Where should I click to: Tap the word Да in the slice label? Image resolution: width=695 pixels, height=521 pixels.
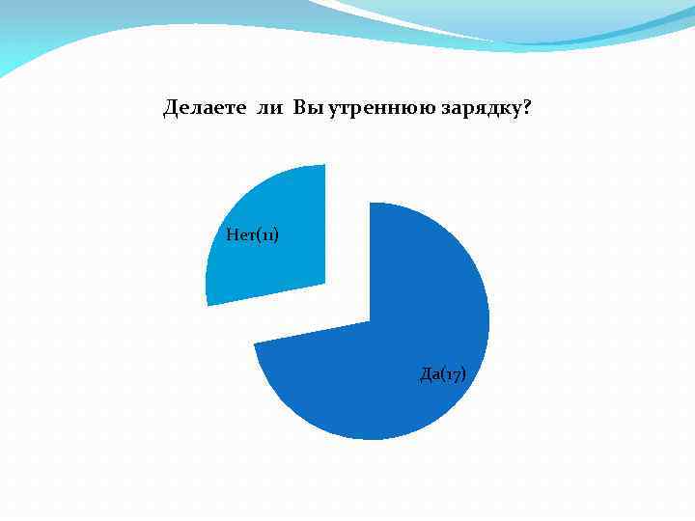(431, 373)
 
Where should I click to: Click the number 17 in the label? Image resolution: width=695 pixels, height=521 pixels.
(453, 374)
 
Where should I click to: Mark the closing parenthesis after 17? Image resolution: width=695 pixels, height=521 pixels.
(464, 374)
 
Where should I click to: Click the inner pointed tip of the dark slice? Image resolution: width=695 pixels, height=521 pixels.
(370, 321)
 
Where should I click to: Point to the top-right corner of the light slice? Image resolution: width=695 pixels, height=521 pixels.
(325, 165)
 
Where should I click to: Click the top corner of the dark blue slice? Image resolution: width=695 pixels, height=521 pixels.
(371, 204)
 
